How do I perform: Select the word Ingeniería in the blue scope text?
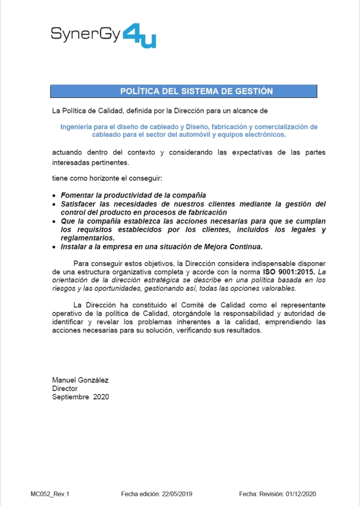(79, 126)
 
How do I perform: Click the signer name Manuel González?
(80, 379)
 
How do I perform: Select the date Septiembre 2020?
(80, 397)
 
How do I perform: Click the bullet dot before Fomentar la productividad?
(54, 195)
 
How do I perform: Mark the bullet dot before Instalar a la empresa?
(54, 247)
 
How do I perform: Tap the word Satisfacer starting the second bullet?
(81, 204)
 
